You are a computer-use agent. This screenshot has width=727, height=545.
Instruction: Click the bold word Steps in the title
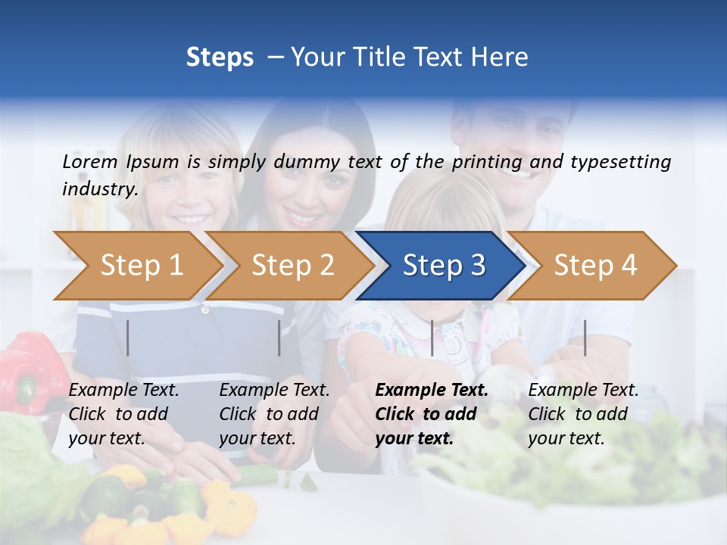click(220, 58)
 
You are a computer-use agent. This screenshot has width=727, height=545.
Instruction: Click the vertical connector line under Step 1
click(128, 338)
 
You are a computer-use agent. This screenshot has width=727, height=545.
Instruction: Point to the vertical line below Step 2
click(279, 338)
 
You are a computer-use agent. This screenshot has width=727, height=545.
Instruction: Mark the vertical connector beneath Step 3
click(432, 338)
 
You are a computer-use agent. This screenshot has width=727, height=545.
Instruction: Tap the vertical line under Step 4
click(585, 338)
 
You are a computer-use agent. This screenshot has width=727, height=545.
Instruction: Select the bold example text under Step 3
click(432, 414)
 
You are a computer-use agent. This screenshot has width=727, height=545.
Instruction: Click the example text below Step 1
click(123, 414)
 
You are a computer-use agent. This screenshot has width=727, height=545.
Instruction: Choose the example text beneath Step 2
click(274, 414)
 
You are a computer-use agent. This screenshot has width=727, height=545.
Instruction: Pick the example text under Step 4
click(583, 414)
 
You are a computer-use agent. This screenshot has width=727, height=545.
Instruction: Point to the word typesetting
click(622, 162)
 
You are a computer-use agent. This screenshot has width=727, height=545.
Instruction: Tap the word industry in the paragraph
click(99, 189)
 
